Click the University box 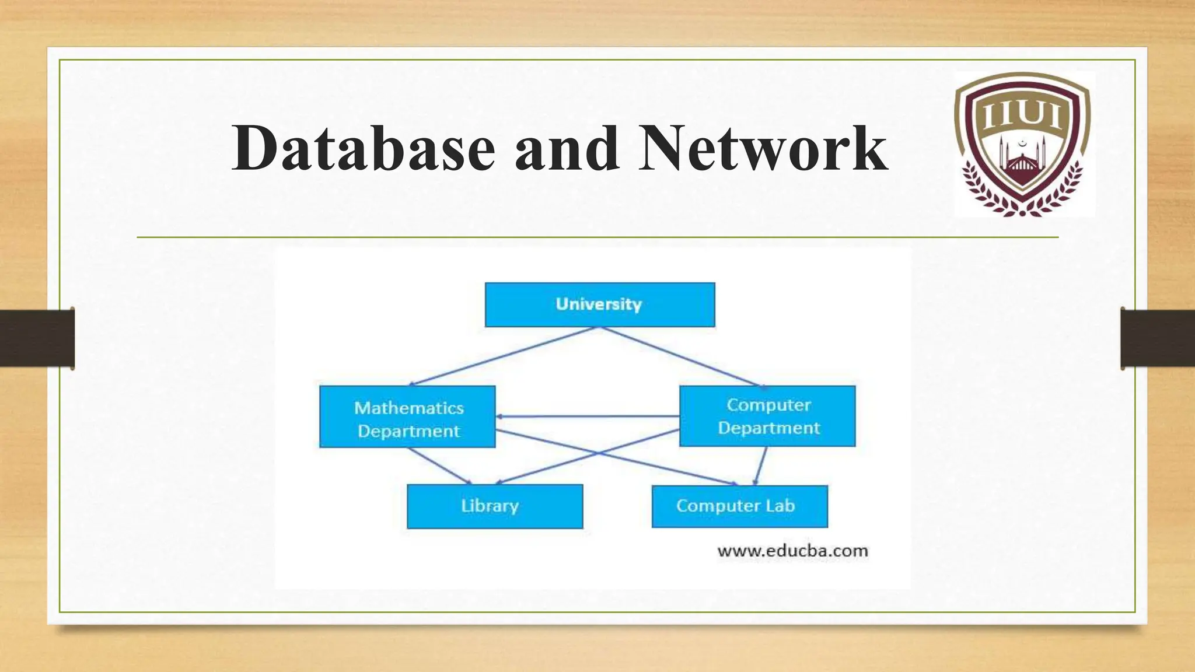[600, 304]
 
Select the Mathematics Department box [407, 416]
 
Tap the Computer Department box [767, 416]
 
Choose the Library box [495, 506]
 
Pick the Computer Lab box [739, 506]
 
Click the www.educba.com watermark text [792, 551]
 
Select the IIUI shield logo [1023, 144]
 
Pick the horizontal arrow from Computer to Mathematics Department [587, 416]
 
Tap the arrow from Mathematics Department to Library [439, 466]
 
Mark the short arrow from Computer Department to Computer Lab [760, 466]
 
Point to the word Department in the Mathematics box [408, 431]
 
